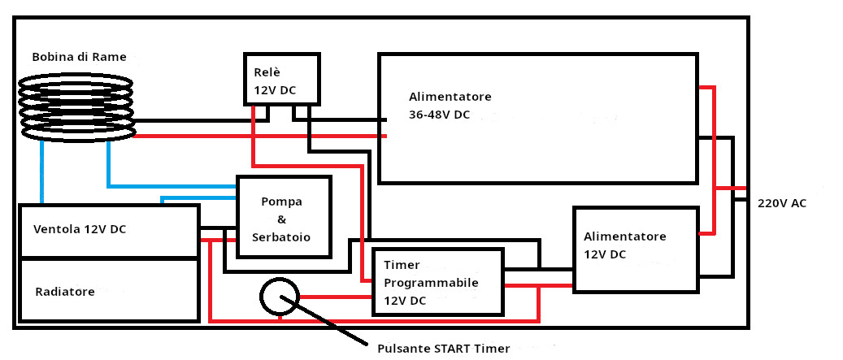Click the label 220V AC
(782, 204)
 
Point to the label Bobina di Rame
(79, 57)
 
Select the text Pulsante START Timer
(444, 348)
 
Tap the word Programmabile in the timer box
(431, 283)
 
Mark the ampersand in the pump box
(281, 219)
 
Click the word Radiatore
(65, 292)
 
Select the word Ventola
(56, 229)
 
